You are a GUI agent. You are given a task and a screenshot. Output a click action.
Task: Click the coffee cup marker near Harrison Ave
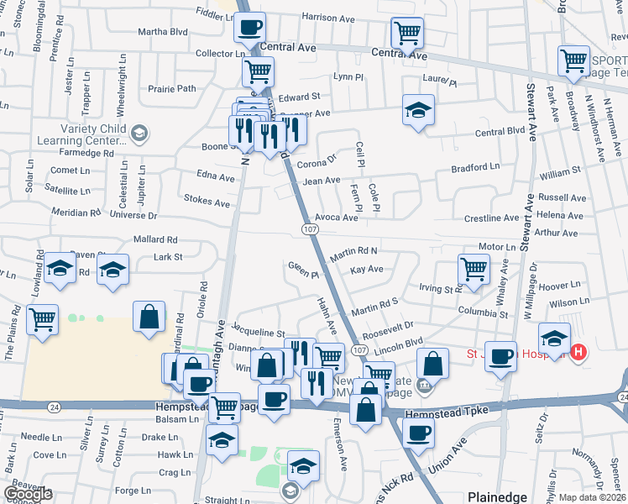249,28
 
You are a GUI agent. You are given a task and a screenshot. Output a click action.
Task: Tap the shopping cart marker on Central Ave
407,33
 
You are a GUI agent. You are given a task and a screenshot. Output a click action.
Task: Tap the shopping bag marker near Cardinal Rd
149,318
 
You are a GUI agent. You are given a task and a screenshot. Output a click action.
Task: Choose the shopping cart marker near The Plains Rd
42,319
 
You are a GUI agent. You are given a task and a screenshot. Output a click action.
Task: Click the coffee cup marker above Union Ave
417,433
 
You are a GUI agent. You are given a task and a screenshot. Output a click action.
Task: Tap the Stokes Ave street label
207,202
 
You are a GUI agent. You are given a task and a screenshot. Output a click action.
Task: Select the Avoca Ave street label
337,218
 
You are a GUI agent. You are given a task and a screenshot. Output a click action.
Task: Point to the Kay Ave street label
367,270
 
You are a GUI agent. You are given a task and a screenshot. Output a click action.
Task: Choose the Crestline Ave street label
492,218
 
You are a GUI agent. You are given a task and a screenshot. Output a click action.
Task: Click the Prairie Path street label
172,88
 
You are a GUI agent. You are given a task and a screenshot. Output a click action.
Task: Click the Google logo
28,494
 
